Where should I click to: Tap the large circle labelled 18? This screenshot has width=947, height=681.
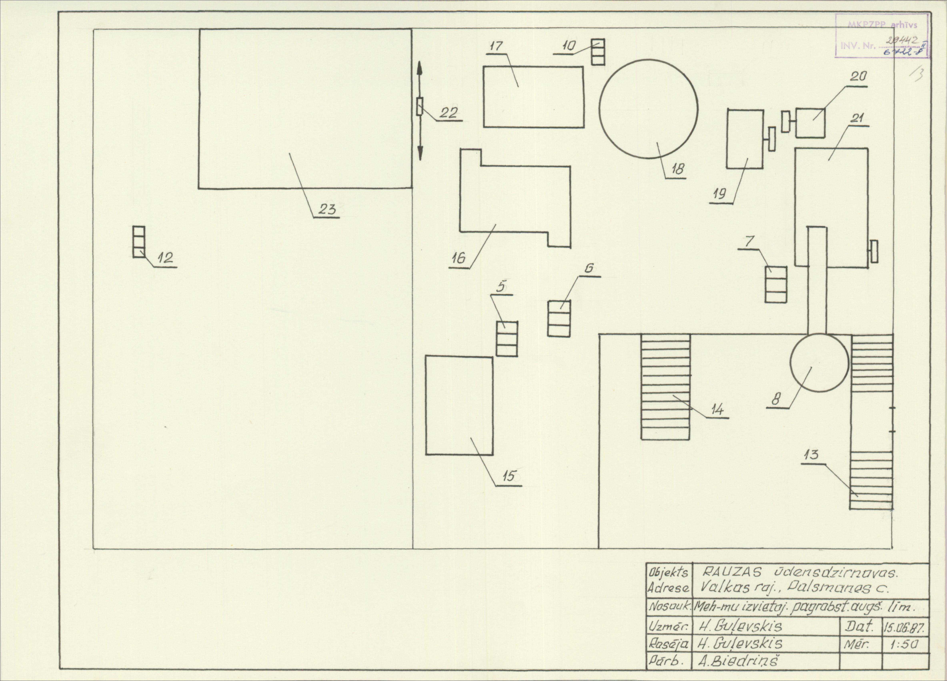click(648, 109)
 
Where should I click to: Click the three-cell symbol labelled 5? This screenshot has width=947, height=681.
click(507, 339)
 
